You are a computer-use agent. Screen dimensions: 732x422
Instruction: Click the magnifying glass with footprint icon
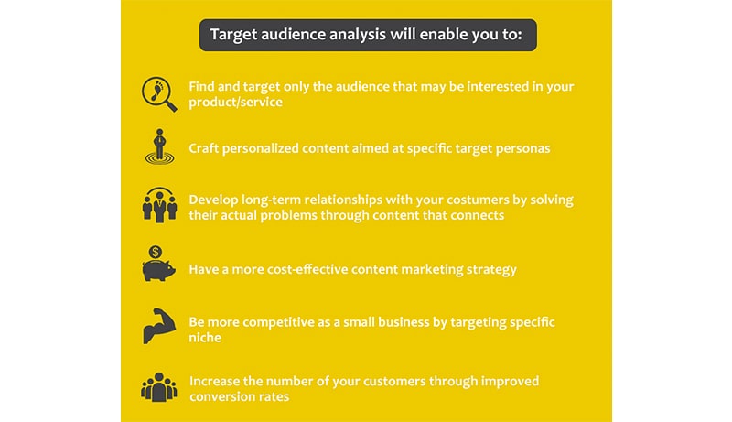pos(158,94)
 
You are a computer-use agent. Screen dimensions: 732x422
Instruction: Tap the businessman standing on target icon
pos(159,146)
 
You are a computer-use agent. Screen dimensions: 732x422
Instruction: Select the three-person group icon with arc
pos(159,205)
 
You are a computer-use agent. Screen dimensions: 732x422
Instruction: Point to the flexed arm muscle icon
pos(159,326)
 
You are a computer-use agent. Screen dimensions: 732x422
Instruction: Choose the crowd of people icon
pos(159,387)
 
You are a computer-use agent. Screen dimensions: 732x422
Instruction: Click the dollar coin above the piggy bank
pos(156,253)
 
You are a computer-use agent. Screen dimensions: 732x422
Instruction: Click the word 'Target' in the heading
pos(233,35)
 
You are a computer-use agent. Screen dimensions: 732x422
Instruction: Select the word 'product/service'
pos(235,103)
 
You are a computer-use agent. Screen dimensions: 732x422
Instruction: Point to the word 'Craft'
pos(203,148)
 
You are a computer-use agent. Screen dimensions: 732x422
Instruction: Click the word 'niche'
pos(205,338)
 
